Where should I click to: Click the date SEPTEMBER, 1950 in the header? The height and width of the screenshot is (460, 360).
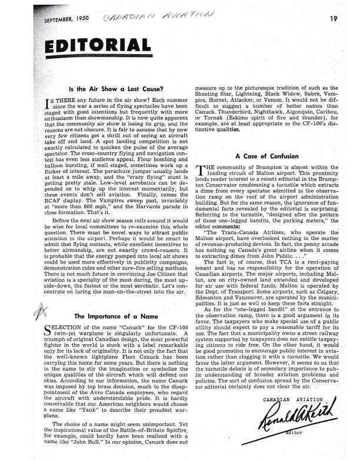click(x=62, y=18)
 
